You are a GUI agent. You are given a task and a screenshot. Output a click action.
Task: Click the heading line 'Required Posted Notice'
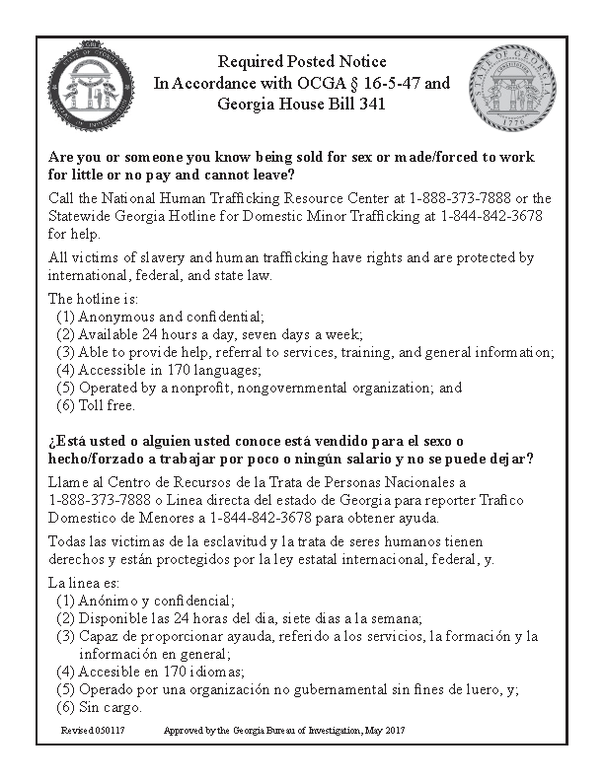302,62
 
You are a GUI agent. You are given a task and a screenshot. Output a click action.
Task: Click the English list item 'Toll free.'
105,405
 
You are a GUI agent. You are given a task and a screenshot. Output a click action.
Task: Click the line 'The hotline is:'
94,299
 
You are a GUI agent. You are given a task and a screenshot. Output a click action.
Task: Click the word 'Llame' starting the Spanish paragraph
68,482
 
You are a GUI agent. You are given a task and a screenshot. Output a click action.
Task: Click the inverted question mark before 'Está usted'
52,441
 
